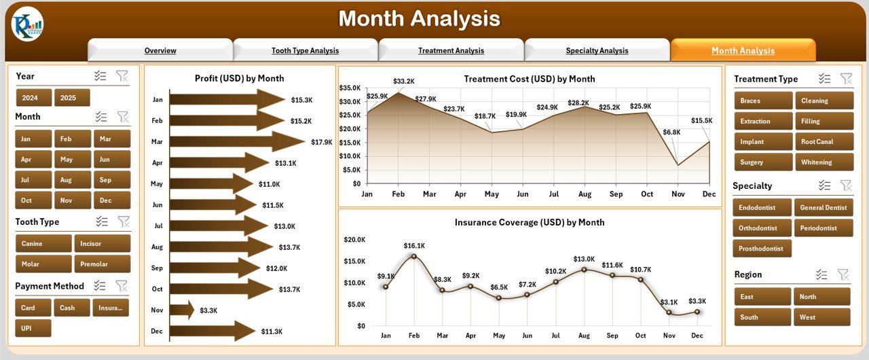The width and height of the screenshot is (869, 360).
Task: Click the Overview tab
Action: click(160, 51)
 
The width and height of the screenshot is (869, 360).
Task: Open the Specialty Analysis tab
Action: click(597, 51)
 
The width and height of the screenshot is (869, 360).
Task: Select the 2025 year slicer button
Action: click(71, 98)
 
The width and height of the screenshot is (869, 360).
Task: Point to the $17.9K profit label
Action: click(322, 142)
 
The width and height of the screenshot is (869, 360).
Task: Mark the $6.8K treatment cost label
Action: click(671, 132)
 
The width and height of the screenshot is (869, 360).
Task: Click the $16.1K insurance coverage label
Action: click(413, 245)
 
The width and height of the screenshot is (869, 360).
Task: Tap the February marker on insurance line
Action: click(414, 256)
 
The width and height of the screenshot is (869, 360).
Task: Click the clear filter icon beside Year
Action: click(122, 76)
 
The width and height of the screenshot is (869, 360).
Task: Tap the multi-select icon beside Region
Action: click(821, 274)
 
